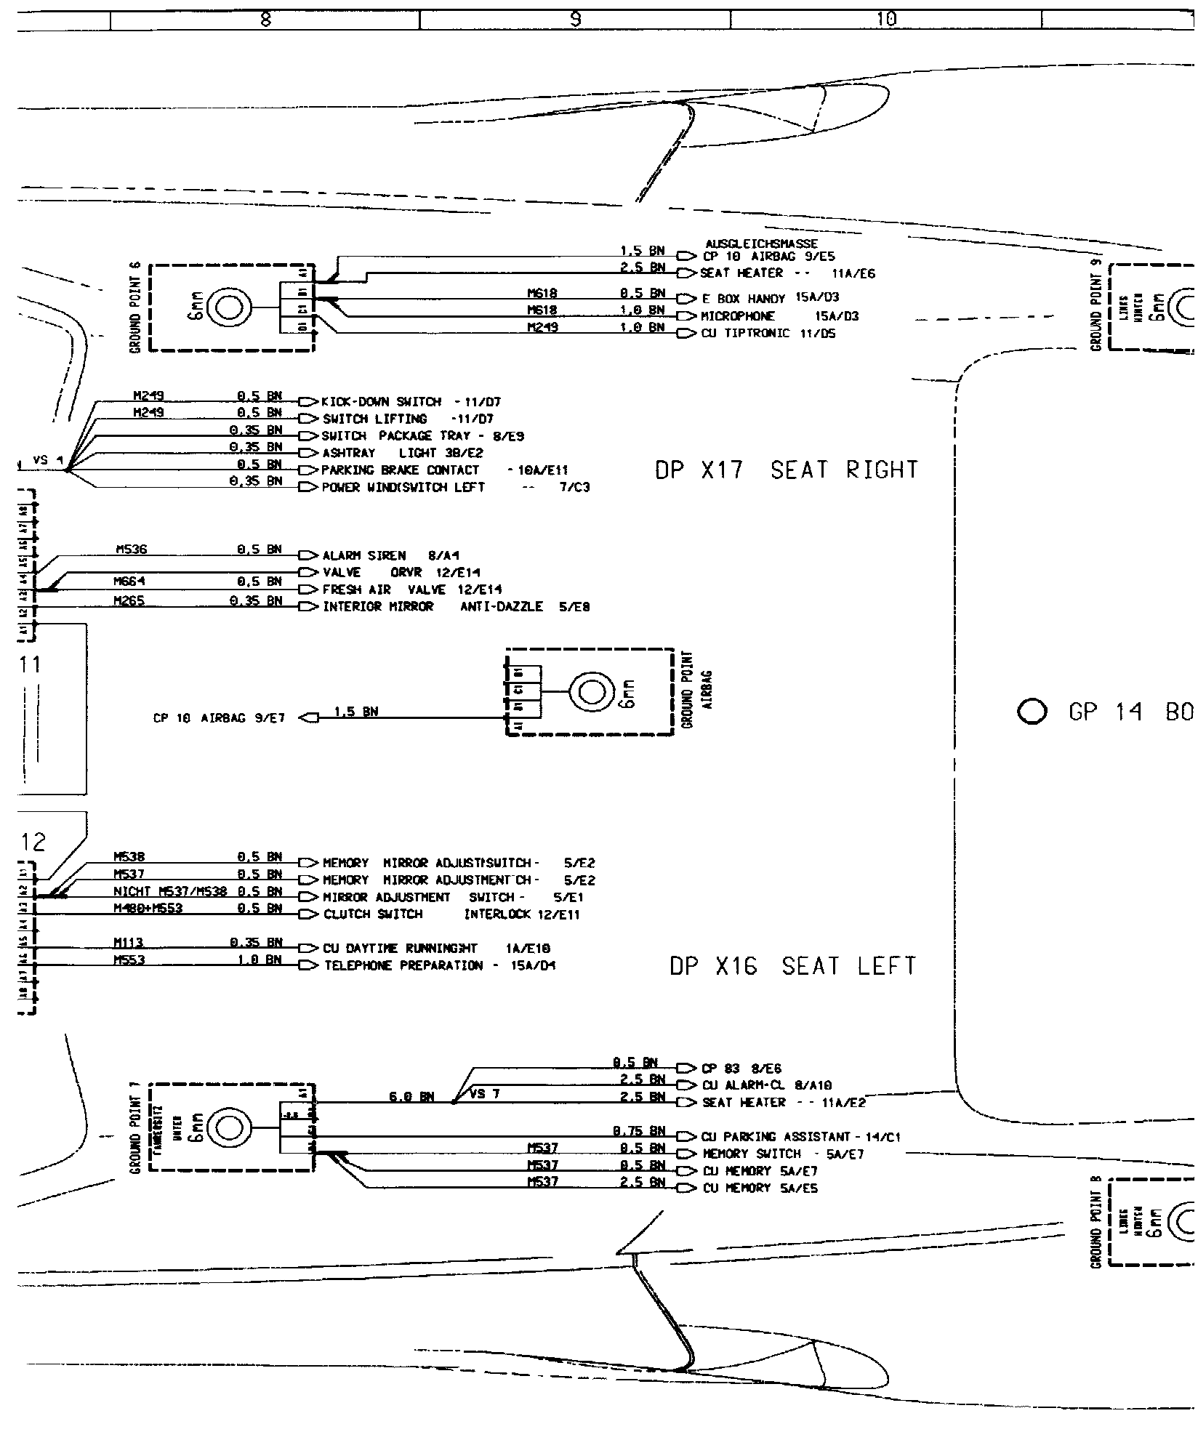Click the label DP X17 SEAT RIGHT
787,470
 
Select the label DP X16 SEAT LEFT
792,966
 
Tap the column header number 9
575,20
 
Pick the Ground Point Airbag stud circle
591,691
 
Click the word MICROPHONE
738,316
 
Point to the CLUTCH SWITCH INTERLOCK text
451,914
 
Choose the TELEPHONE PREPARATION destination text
440,966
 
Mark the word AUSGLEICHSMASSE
761,244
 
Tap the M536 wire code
131,550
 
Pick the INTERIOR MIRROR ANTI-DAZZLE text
456,607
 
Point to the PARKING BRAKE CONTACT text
445,470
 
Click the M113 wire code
129,943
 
